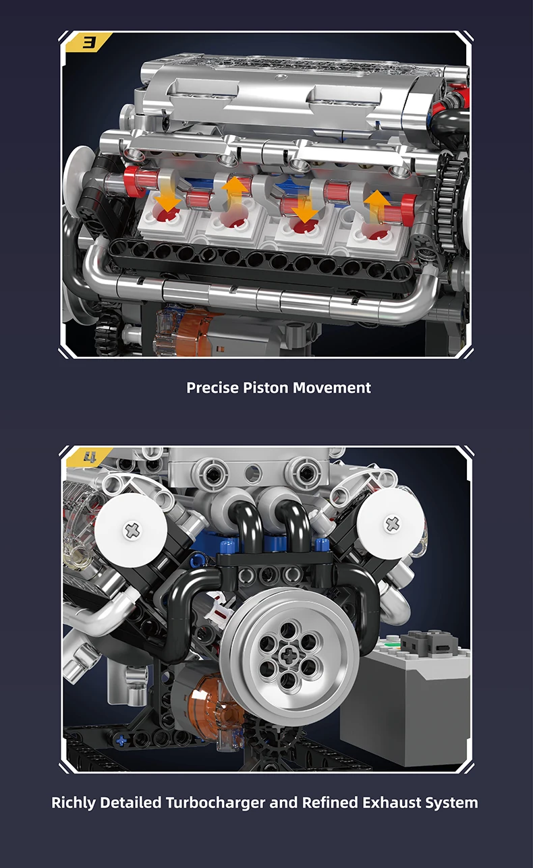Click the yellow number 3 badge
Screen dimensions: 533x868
click(x=89, y=42)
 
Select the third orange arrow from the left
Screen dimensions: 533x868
click(x=305, y=207)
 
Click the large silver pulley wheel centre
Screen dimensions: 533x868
click(x=289, y=654)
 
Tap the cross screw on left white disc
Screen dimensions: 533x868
click(x=132, y=530)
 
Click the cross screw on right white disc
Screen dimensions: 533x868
click(x=392, y=523)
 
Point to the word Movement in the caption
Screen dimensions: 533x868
click(x=332, y=388)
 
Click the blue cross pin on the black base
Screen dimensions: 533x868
click(x=121, y=741)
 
